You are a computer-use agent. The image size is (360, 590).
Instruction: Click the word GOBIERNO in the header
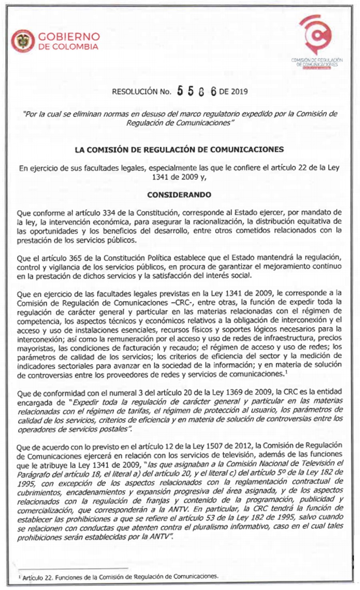(68, 37)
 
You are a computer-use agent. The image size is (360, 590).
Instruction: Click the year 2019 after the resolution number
(239, 92)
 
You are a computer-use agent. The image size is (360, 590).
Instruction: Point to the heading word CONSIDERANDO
(179, 195)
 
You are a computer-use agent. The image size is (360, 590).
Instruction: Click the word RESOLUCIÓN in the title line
(135, 92)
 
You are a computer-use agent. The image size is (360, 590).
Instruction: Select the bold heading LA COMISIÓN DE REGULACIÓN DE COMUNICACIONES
(179, 150)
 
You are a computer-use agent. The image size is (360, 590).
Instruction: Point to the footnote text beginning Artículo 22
(120, 577)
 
